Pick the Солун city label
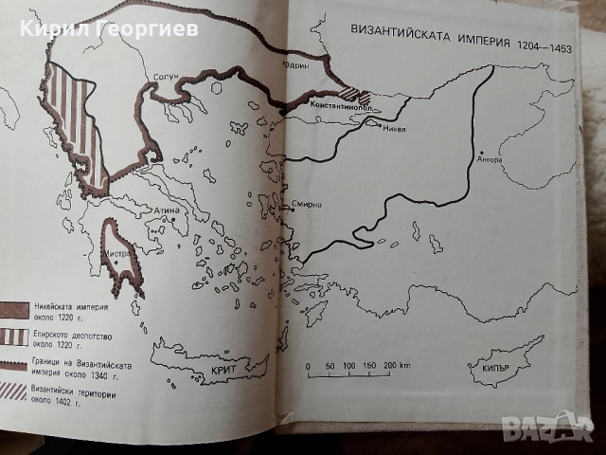point(160,80)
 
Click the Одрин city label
point(296,66)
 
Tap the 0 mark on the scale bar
point(308,365)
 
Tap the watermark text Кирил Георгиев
point(109,28)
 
